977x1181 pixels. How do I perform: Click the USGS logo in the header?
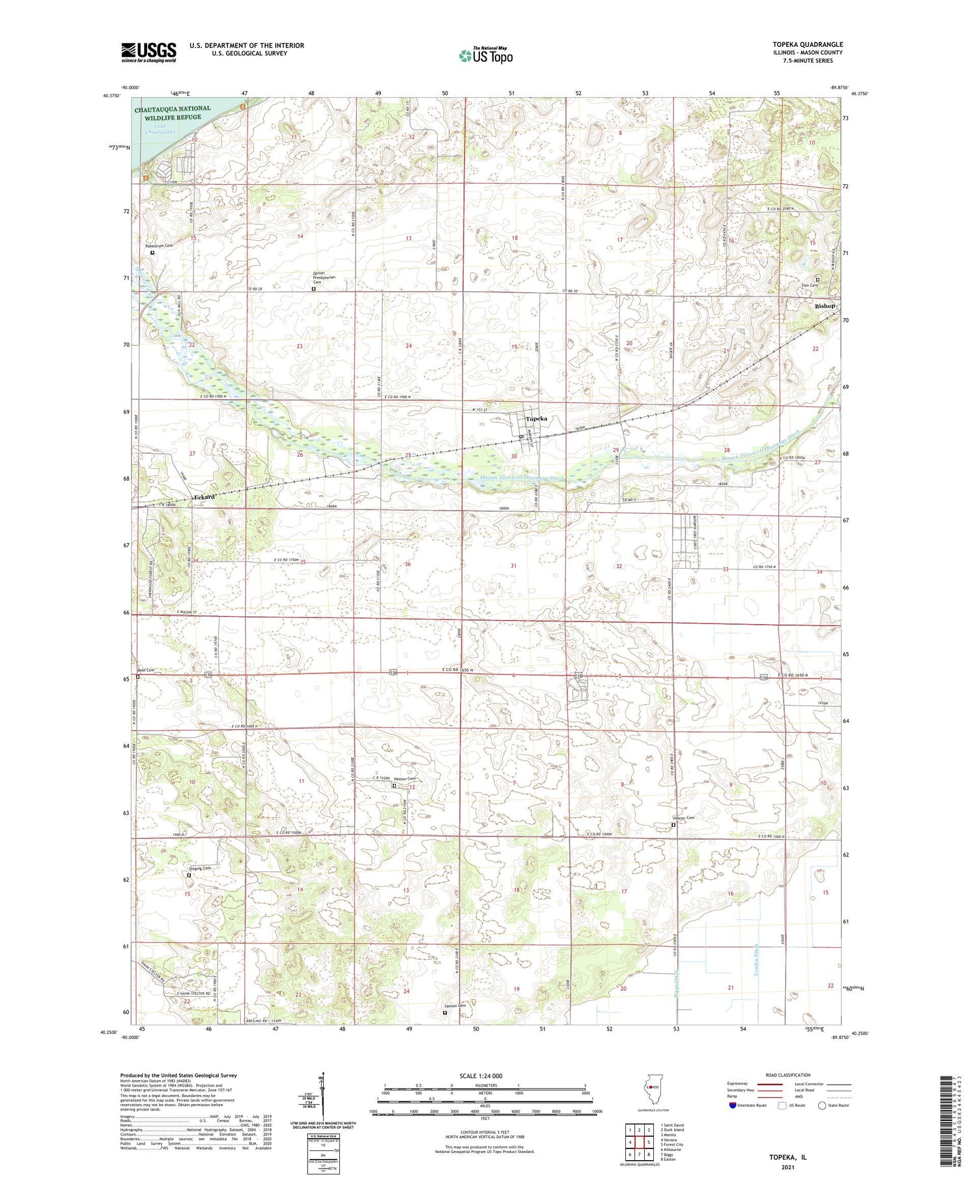pos(149,52)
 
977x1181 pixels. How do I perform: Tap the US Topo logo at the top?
pos(485,55)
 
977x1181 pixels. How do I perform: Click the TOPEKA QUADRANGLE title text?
pos(805,45)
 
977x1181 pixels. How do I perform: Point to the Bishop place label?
pos(825,306)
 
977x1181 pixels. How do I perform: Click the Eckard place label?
pos(205,497)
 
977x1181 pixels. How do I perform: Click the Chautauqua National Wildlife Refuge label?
pos(173,113)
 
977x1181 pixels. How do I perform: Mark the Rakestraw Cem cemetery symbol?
pos(152,253)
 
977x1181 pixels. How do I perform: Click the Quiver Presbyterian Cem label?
pos(326,277)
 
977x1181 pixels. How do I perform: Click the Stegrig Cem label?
pos(200,868)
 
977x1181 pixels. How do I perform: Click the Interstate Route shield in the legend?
pos(733,1105)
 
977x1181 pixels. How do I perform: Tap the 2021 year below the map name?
pos(794,1159)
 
